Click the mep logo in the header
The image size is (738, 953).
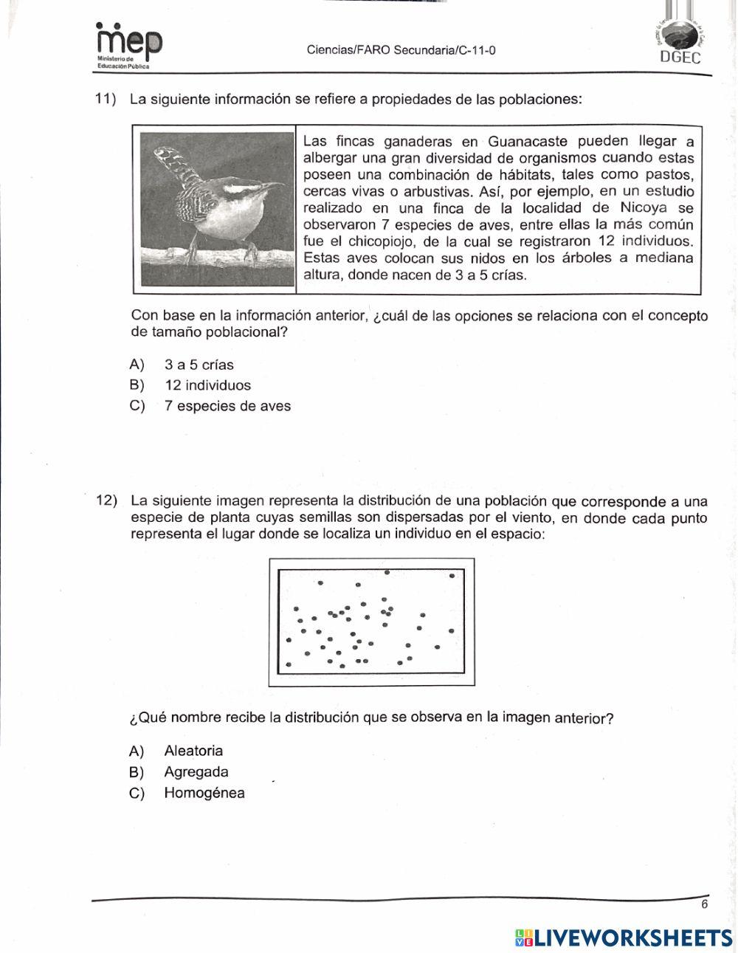[x=128, y=44]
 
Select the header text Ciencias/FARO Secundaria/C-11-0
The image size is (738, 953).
[x=401, y=51]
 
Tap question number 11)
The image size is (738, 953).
[x=106, y=99]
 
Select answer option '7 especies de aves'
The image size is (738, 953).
[x=227, y=406]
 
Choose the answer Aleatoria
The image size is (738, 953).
[x=193, y=751]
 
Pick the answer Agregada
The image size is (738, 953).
[x=196, y=772]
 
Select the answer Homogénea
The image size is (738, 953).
[x=204, y=794]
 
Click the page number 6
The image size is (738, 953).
[x=704, y=904]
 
